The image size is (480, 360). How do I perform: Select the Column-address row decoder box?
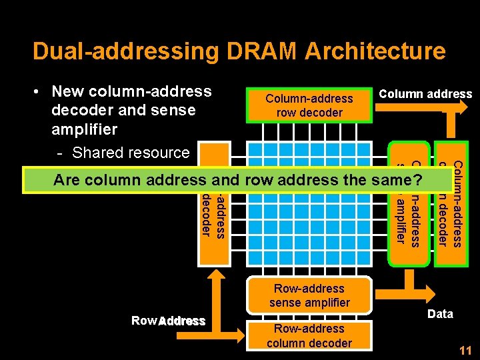[x=309, y=105]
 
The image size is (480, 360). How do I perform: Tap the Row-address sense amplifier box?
[x=309, y=295]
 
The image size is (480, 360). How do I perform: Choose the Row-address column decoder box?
[x=309, y=336]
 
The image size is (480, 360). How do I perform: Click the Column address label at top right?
[x=425, y=94]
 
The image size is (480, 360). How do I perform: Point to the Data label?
[x=440, y=314]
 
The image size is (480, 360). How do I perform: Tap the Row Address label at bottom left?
[x=168, y=321]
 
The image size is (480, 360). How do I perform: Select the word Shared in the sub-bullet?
[x=99, y=153]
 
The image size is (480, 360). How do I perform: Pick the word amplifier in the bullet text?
[x=84, y=129]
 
